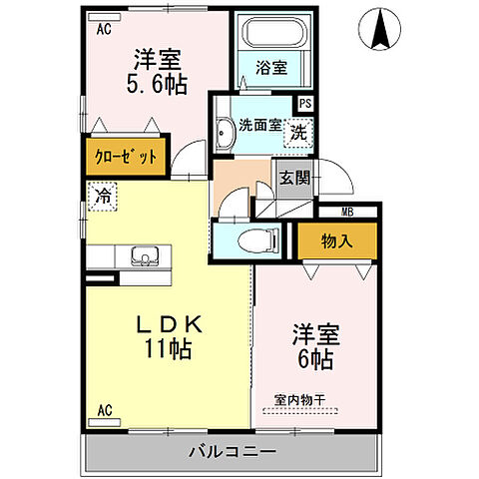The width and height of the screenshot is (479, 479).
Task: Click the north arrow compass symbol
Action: pyautogui.click(x=381, y=29)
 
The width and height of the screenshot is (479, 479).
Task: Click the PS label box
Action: pyautogui.click(x=304, y=103)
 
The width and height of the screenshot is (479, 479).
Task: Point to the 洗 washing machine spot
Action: pyautogui.click(x=297, y=129)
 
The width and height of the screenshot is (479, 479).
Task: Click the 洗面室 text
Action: pyautogui.click(x=258, y=127)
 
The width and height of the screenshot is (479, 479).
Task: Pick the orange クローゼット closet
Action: pyautogui.click(x=126, y=158)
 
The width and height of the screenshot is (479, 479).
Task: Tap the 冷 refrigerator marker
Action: pyautogui.click(x=101, y=197)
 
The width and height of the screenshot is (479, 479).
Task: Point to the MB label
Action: pyautogui.click(x=347, y=211)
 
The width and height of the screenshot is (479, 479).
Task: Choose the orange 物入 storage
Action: pyautogui.click(x=334, y=239)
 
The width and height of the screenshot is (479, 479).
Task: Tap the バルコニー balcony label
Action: pyautogui.click(x=232, y=453)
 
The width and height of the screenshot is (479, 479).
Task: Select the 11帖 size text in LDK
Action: pyautogui.click(x=166, y=350)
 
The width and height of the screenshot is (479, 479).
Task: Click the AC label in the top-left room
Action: pyautogui.click(x=102, y=30)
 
